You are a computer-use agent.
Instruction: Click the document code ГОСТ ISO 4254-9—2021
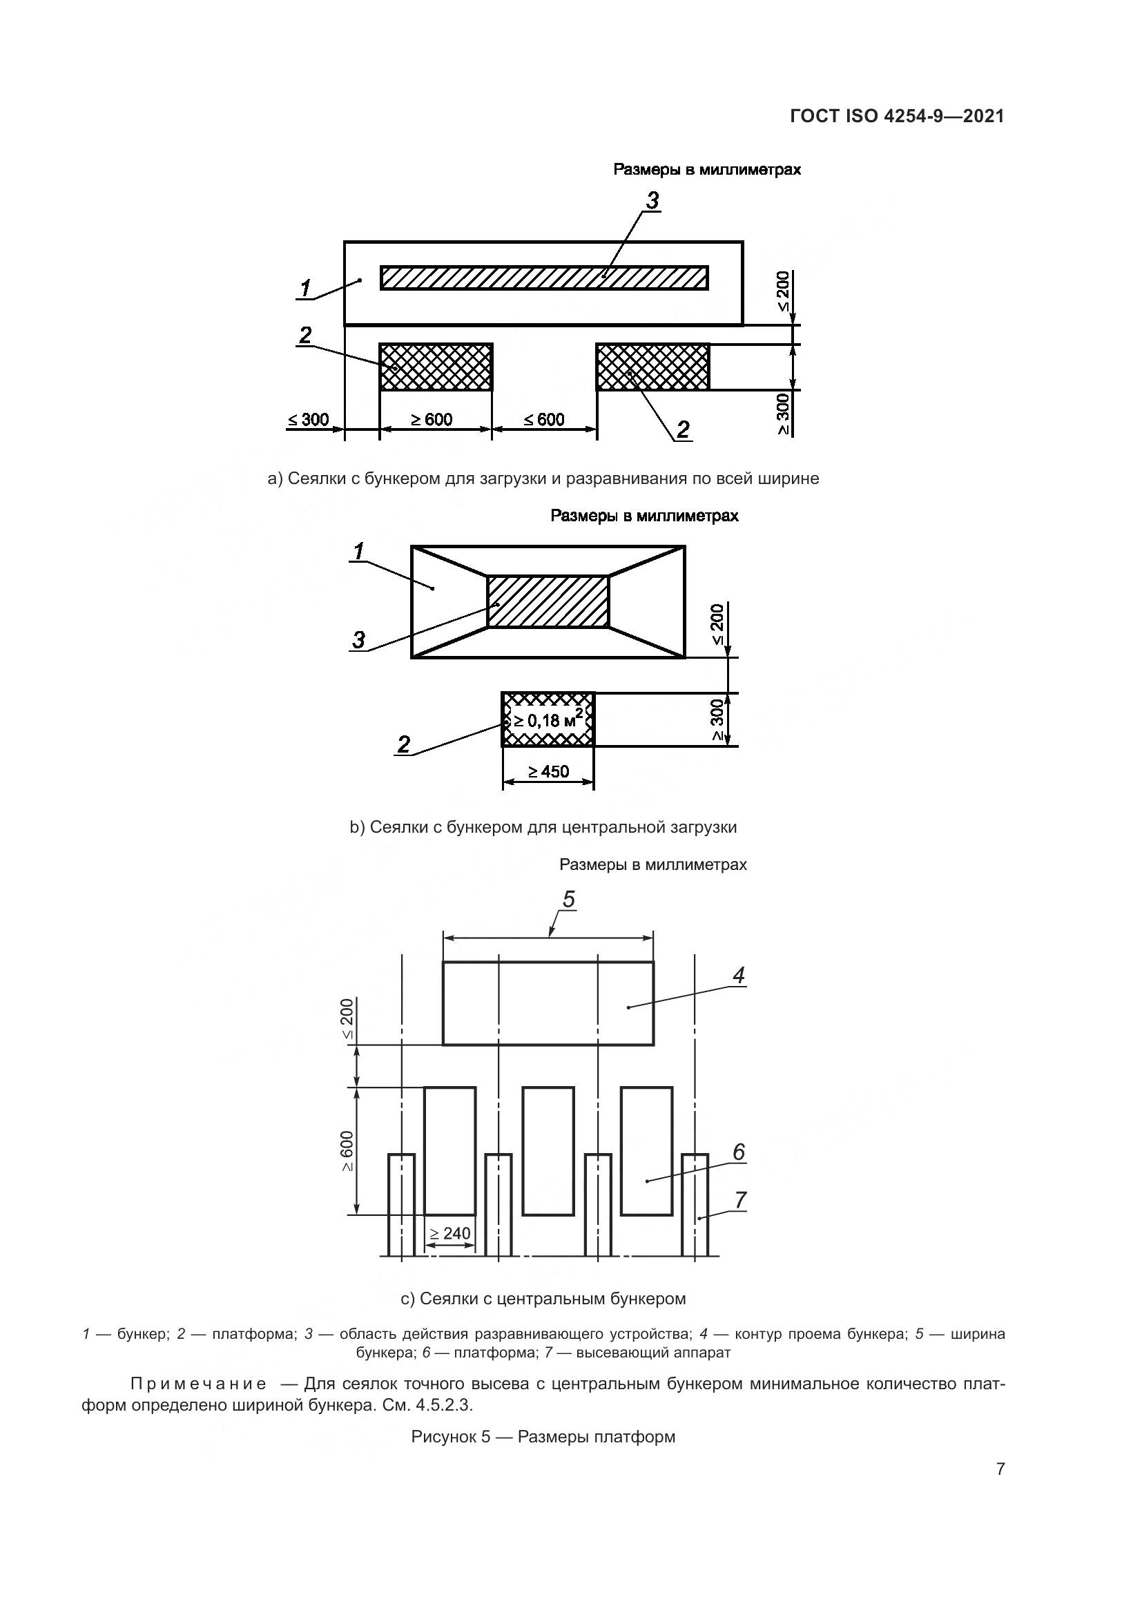pos(897,116)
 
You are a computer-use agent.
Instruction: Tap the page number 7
pos(1000,1469)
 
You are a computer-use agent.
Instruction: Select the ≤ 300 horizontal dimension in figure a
pos(308,420)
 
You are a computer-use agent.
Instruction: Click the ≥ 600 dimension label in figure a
pos(432,420)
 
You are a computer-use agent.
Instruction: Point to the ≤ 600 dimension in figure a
pos(544,420)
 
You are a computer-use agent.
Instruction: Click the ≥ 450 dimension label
pos(548,772)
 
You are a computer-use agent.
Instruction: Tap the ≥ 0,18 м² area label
pos(548,719)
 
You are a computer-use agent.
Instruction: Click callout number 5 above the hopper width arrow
pos(569,899)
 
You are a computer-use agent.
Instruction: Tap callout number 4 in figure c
pos(738,975)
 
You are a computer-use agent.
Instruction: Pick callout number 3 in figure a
pos(652,201)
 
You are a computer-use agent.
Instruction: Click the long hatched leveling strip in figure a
pos(544,277)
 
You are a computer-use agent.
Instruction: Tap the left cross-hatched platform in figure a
pos(436,367)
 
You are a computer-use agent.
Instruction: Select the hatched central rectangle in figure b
pos(548,601)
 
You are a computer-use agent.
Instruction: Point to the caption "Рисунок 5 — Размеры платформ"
pos(543,1436)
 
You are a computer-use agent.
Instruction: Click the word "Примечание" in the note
pos(199,1384)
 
